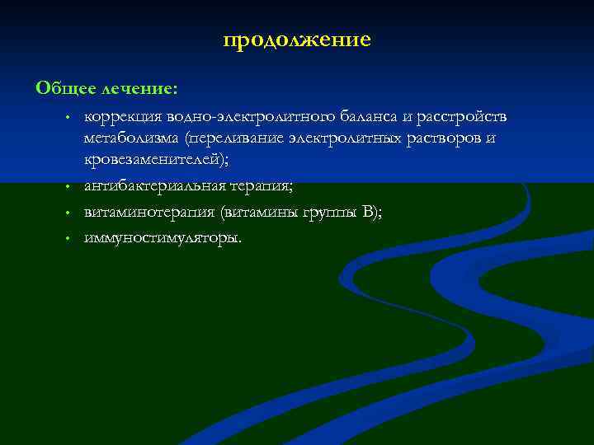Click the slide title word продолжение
click(297, 40)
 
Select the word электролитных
click(345, 138)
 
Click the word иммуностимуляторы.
click(163, 237)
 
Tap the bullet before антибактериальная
click(71, 189)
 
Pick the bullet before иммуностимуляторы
click(71, 238)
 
